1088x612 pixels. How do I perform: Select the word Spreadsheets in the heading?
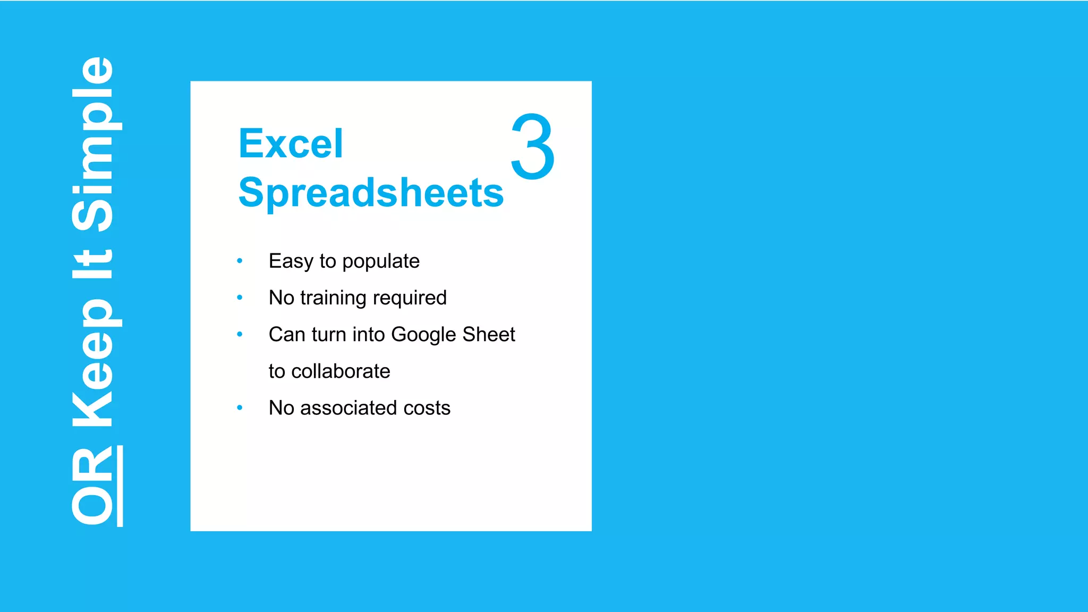(371, 192)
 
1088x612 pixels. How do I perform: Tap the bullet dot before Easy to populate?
(240, 261)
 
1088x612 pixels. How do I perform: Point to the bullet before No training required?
(240, 297)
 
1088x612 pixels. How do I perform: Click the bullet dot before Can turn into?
(240, 334)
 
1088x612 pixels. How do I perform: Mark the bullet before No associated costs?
(240, 407)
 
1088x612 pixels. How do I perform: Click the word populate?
(381, 262)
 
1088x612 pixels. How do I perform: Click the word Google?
(424, 335)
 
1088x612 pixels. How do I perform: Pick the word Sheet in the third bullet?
(489, 334)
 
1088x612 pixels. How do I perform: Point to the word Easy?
(291, 262)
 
